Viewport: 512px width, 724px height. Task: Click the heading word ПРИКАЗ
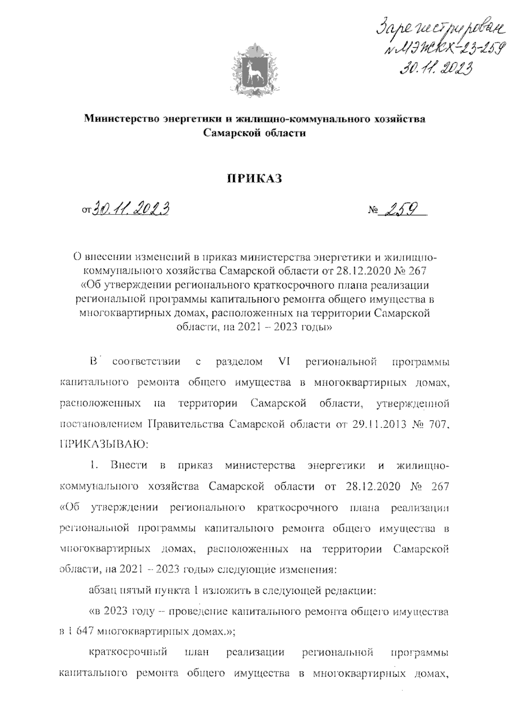click(254, 179)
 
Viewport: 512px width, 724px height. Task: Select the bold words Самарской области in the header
click(254, 133)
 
